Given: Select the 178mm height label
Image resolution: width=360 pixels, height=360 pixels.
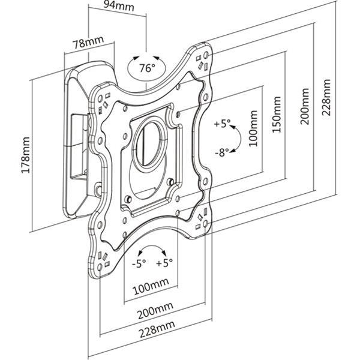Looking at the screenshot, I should [x=25, y=155].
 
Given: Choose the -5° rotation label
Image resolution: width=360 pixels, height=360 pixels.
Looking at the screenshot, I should [x=139, y=262].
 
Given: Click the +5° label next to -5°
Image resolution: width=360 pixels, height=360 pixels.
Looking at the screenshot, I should [x=164, y=262].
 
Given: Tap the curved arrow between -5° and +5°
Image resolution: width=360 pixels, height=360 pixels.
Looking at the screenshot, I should [x=152, y=250].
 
